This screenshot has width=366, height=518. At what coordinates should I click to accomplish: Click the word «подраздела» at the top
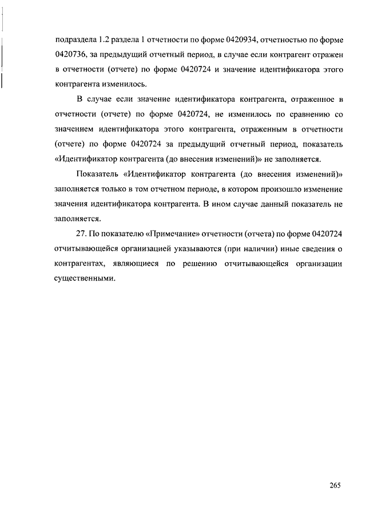point(74,39)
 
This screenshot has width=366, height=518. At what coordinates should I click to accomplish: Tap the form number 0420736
point(71,54)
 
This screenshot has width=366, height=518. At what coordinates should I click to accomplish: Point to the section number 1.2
point(104,39)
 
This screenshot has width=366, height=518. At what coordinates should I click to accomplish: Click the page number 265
point(335,485)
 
